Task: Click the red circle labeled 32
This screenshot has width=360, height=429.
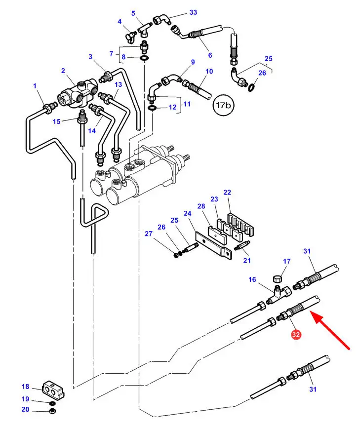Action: pos(296,335)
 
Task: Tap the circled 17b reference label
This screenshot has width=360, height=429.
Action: pos(222,105)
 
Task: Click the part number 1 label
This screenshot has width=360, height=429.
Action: pos(35,86)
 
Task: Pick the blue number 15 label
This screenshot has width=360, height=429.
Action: pos(57,121)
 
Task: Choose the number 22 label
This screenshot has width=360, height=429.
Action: pos(227,192)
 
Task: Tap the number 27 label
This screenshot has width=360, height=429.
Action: pos(149,234)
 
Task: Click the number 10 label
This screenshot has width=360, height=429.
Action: pos(209,72)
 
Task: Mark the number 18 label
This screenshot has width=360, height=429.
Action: pos(26,387)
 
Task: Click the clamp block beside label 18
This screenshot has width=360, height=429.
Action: pos(52,390)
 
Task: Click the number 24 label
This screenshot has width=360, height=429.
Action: pos(187,214)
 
